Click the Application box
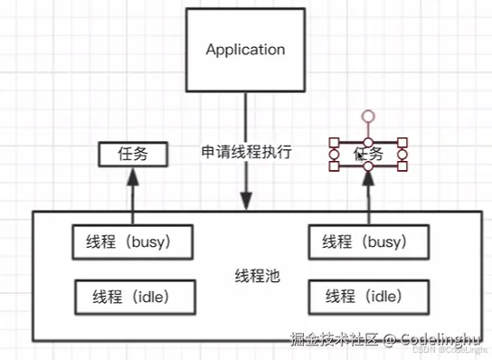pos(245,50)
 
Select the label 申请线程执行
pos(246,152)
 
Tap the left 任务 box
pos(132,155)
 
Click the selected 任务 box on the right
pos(368,155)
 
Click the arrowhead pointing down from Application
pos(245,199)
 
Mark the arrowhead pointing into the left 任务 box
pos(132,175)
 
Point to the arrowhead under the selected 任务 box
pos(369,177)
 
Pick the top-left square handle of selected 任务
pos(334,142)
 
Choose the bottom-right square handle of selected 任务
pos(402,167)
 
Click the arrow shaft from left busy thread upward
pos(132,204)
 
